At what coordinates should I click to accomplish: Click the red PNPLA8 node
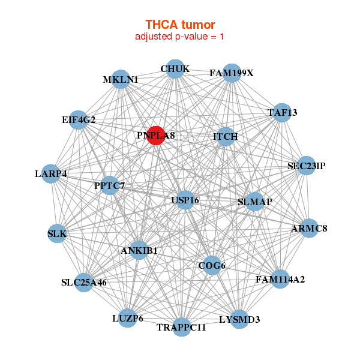[x=156, y=136]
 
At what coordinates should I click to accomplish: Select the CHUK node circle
[x=175, y=69]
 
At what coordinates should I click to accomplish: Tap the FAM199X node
[x=232, y=73]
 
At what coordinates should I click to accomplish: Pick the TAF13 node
[x=282, y=113]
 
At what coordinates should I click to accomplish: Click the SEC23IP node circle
[x=306, y=166]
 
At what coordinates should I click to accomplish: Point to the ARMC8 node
[x=309, y=228]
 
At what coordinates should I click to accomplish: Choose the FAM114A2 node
[x=280, y=279]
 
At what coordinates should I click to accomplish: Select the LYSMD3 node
[x=239, y=319]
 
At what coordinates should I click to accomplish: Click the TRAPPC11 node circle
[x=182, y=327]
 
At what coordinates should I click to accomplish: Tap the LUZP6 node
[x=128, y=318]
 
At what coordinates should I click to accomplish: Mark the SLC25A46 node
[x=84, y=283]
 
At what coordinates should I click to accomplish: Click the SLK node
[x=57, y=233]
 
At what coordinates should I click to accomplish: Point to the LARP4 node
[x=51, y=174]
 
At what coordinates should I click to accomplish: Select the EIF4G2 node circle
[x=79, y=120]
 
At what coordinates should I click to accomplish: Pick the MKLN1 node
[x=121, y=79]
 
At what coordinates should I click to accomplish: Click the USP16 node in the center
[x=185, y=200]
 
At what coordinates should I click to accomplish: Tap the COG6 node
[x=212, y=265]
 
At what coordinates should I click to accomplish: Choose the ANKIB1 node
[x=139, y=250]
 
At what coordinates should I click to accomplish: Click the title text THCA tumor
[x=180, y=25]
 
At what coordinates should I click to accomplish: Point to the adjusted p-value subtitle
[x=179, y=37]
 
